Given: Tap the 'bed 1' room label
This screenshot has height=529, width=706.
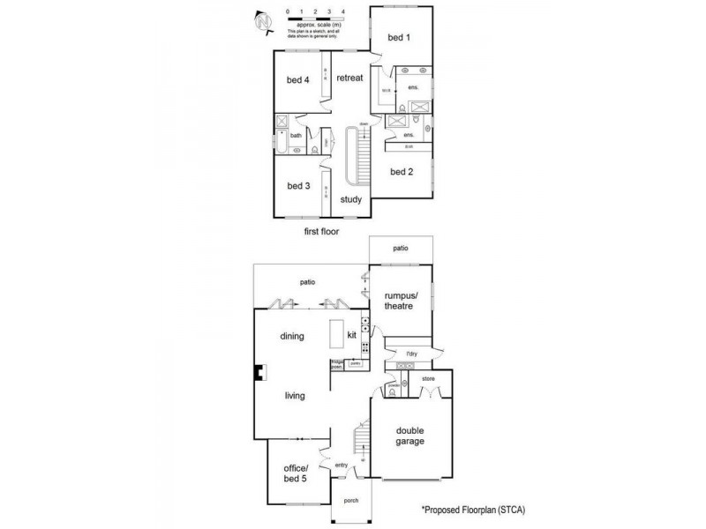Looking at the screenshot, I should click(x=400, y=38).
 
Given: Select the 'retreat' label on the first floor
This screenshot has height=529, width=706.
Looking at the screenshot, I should click(x=349, y=78).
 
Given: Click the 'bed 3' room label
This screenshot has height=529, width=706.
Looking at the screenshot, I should click(x=298, y=186).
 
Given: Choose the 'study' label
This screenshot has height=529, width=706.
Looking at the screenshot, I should click(x=350, y=200).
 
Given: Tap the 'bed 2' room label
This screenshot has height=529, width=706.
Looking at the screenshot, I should click(x=402, y=172).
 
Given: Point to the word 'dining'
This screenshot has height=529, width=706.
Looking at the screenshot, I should click(x=292, y=336).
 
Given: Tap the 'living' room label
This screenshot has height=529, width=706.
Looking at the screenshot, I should click(x=295, y=396).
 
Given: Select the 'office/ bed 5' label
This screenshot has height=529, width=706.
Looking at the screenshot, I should click(x=297, y=473).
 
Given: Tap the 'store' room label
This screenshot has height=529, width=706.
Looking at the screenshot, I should click(x=429, y=380).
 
